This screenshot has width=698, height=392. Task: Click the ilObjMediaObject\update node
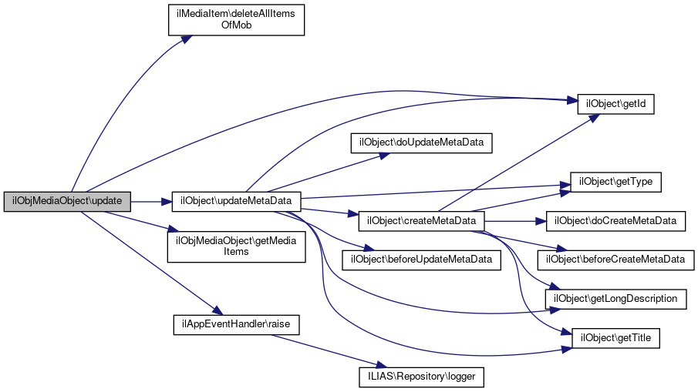67,201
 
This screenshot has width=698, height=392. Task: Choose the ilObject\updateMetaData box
235,201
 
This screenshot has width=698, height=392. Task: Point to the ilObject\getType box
615,182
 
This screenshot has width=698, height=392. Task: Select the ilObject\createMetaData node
421,221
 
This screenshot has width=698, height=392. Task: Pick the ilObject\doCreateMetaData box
615,221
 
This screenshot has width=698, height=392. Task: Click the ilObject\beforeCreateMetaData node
615,260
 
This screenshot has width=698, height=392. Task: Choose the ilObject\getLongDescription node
615,297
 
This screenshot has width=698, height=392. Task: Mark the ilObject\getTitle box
615,337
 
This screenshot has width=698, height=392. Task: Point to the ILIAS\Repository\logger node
421,377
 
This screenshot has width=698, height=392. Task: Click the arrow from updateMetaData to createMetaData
328,212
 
